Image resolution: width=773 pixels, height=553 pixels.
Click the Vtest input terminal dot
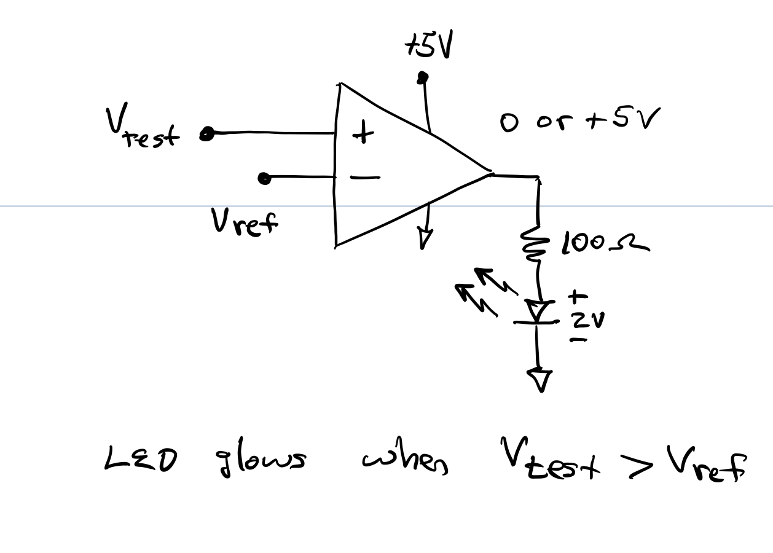[x=208, y=134]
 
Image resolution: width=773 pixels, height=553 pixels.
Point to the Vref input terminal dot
[x=264, y=178]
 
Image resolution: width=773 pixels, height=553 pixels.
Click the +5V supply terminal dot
[x=422, y=77]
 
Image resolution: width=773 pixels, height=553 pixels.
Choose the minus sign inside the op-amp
[x=364, y=178]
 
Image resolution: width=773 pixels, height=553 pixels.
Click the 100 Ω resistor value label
[x=603, y=245]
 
